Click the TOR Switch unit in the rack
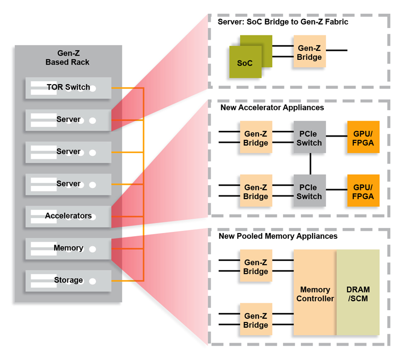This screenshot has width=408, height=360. coord(68,87)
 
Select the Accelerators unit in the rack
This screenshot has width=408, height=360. coord(68,216)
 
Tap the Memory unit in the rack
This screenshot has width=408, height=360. coord(68,248)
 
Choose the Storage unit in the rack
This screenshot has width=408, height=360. coord(68,280)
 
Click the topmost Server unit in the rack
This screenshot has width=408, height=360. coord(68,120)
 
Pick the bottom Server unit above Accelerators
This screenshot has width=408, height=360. coord(68,184)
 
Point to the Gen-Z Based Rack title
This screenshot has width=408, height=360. coord(67,57)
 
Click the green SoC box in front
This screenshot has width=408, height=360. coord(245,62)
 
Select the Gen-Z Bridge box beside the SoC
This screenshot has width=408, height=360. coord(309,51)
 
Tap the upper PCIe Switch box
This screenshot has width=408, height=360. coord(309,137)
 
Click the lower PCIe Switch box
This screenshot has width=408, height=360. coord(309,191)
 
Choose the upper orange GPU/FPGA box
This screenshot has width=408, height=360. coord(363,137)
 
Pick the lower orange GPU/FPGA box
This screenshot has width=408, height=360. coord(363,191)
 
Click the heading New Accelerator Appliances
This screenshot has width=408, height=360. coord(272,107)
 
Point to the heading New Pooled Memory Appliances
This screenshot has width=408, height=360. coord(278,236)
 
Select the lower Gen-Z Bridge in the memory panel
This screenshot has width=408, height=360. coord(256,319)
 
